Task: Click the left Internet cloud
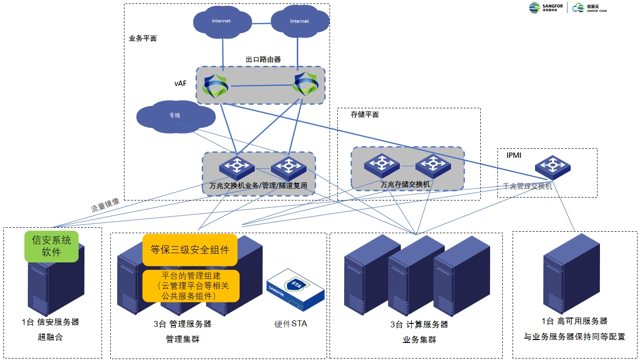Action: (221, 22)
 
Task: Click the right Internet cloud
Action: (299, 22)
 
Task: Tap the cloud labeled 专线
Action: (175, 116)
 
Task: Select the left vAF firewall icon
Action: (215, 86)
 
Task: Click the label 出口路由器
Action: (263, 60)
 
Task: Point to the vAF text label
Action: (180, 83)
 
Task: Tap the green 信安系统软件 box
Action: (51, 246)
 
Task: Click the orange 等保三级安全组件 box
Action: (189, 250)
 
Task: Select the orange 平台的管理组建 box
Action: (190, 285)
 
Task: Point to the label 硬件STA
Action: (290, 324)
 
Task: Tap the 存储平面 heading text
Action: (365, 115)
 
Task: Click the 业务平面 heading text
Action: (143, 38)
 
